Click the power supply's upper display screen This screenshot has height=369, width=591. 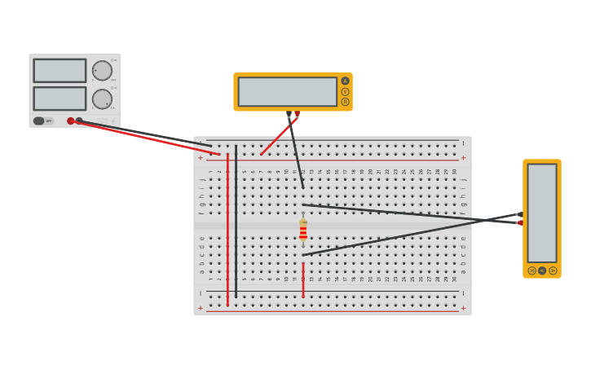coord(60,70)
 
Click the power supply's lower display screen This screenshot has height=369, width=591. coord(60,99)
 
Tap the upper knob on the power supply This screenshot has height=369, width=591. coord(102,71)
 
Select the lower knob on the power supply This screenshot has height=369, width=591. coord(102,99)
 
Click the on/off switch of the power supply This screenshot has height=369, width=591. coord(39,121)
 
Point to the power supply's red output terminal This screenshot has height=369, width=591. coord(71,121)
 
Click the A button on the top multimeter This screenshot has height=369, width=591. coord(345,81)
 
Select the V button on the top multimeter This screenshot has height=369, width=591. coord(345,91)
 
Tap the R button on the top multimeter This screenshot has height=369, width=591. coord(345,102)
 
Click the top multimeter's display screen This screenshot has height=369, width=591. coord(287,91)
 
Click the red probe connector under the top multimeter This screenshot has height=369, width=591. coord(297,113)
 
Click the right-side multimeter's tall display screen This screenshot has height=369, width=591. coord(542,213)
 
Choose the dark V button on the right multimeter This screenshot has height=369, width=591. coord(542,270)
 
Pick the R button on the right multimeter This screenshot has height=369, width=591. coord(531,270)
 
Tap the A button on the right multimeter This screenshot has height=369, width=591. coord(553,270)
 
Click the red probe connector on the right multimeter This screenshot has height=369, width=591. coord(520,222)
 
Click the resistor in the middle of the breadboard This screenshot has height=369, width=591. coord(303,230)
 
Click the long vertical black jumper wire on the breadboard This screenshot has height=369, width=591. coord(236,220)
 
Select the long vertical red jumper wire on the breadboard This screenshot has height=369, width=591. coord(227,228)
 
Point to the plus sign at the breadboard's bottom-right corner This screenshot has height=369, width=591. coord(463,308)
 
